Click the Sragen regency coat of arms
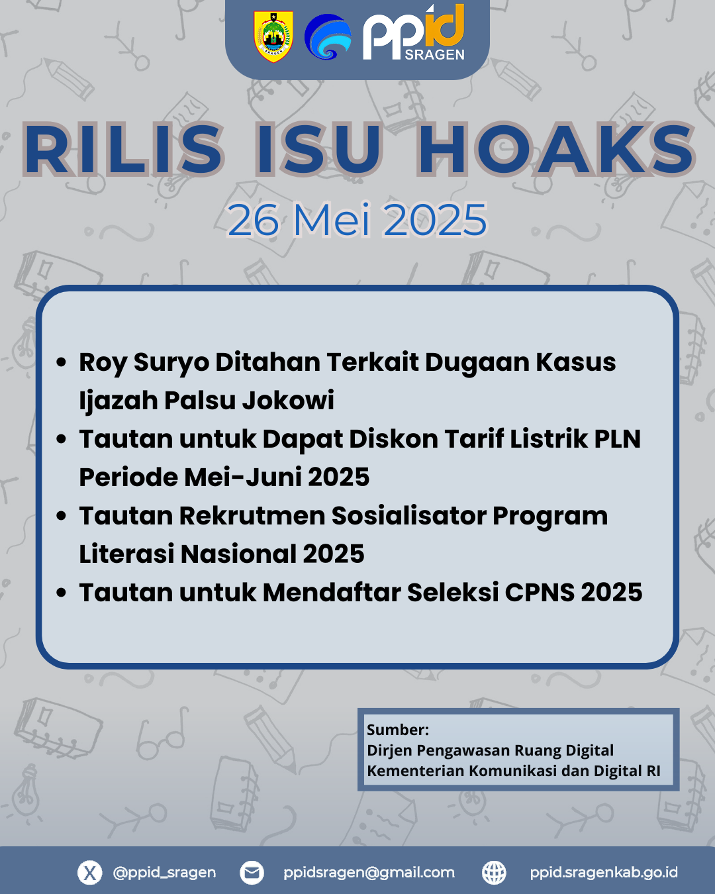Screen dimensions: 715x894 point(273,36)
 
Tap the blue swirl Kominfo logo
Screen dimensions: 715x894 point(328,36)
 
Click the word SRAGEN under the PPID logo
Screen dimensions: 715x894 point(434,54)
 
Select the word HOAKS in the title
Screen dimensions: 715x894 point(556,149)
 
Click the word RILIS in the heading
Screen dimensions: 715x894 point(124,149)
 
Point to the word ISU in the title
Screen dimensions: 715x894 point(318,149)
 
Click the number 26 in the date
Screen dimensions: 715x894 point(254,220)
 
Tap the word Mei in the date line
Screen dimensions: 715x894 point(332,219)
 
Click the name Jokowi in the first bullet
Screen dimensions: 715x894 point(289,400)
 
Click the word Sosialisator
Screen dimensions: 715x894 point(409,516)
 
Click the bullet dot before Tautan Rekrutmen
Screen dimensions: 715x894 point(62,516)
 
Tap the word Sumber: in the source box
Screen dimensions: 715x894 point(398,730)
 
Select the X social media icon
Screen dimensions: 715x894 point(90,872)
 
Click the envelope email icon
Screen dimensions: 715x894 point(252,872)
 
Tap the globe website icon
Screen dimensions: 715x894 point(494,872)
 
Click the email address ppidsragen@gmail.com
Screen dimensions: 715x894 point(369,872)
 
